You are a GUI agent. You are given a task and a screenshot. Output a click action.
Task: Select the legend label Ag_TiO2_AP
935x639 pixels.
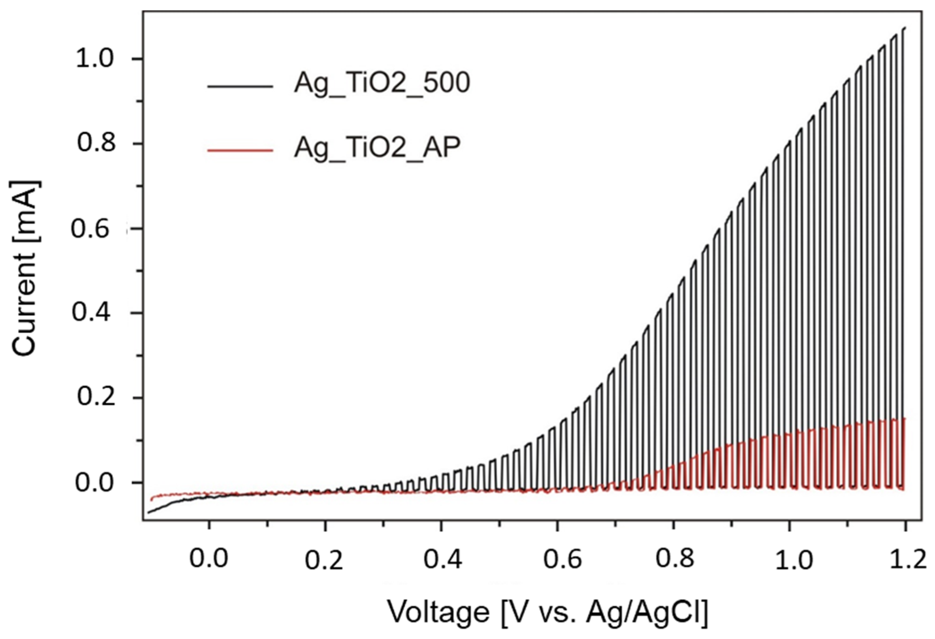point(377,148)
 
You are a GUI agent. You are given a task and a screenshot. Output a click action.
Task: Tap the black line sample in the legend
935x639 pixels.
point(240,86)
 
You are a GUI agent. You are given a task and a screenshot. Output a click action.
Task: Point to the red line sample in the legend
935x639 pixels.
point(240,150)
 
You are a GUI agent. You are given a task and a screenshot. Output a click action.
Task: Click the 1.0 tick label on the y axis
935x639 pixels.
point(96,59)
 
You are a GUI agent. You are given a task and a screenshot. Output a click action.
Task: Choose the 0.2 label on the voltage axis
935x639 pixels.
point(324,561)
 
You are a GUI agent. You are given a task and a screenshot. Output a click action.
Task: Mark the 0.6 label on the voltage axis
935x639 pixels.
point(562,560)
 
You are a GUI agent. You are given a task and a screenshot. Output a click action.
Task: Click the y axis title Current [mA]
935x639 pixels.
point(27,269)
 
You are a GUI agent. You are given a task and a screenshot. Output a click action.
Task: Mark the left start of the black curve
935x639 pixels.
point(148,512)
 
